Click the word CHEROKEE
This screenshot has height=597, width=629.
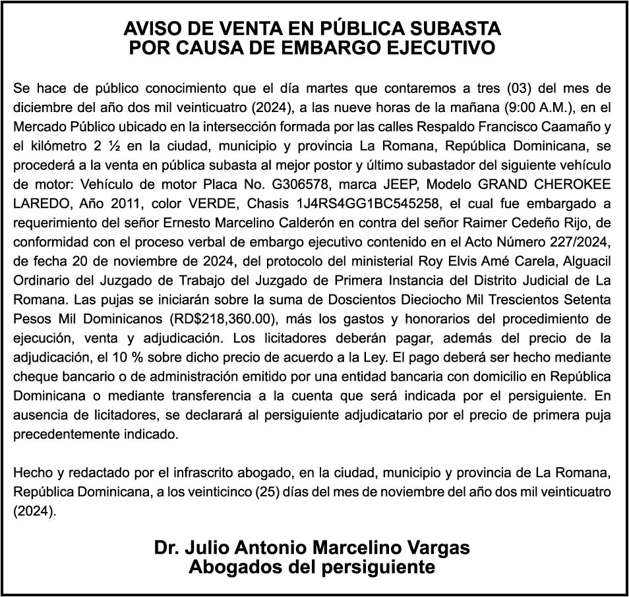tap(571, 183)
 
